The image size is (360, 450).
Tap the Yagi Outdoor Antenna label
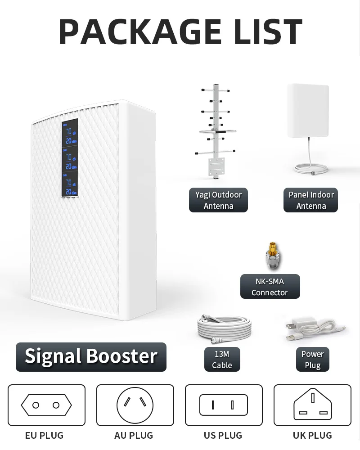(218, 200)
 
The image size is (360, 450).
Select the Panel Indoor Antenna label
(310, 200)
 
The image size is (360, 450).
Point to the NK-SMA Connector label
(270, 287)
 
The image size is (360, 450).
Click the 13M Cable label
(222, 360)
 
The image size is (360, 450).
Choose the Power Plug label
(312, 360)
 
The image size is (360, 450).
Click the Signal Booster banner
(91, 356)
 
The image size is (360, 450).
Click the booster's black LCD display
(70, 157)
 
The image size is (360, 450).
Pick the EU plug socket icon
(46, 405)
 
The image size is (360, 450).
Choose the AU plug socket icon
(135, 405)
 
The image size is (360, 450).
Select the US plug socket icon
(224, 405)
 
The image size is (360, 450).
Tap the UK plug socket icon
(312, 405)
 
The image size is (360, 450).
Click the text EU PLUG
(44, 435)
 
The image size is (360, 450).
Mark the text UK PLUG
(312, 435)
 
